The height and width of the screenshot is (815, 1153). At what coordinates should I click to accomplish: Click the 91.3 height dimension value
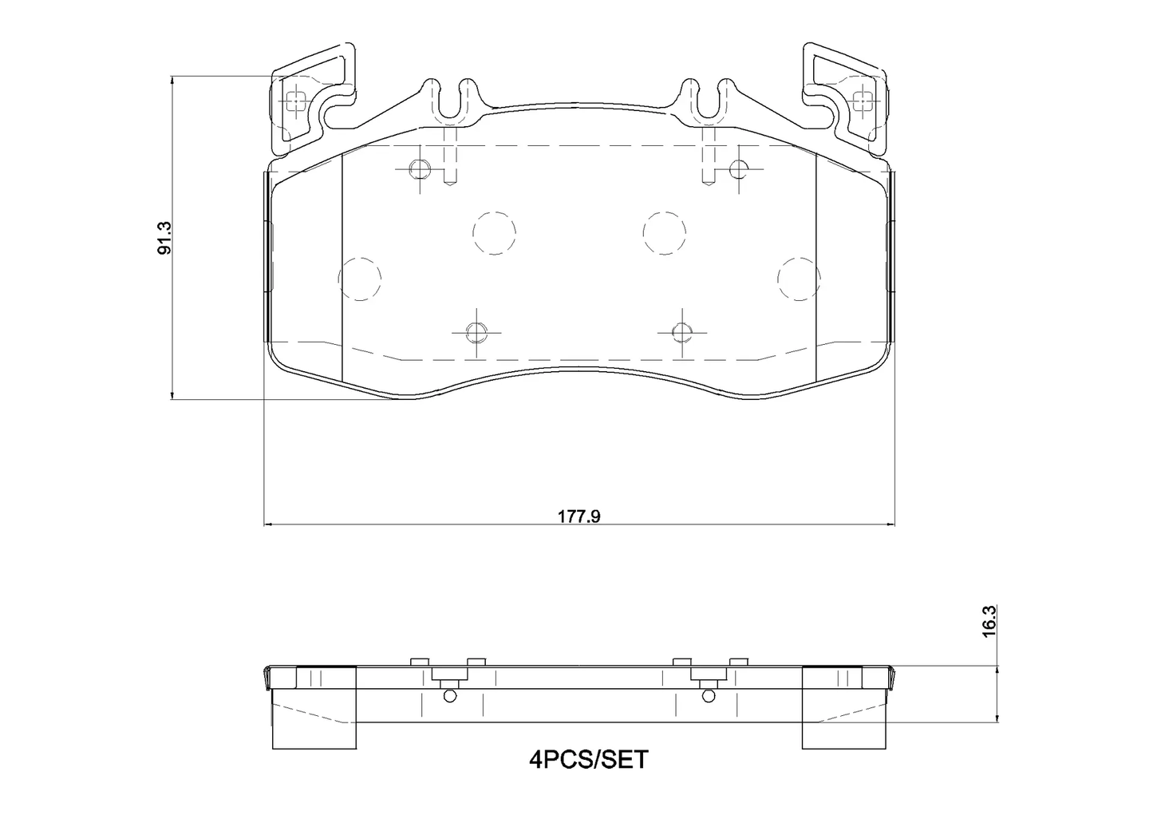(x=164, y=236)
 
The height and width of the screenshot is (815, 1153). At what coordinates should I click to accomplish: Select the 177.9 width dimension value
(x=578, y=516)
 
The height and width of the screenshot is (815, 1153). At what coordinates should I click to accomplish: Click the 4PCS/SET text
(x=589, y=760)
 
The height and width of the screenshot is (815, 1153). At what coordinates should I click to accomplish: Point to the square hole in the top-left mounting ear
(x=294, y=101)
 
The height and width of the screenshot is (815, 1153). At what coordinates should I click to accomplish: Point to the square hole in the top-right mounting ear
(x=863, y=101)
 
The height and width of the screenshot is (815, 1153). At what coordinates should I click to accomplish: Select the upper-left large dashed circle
(x=494, y=233)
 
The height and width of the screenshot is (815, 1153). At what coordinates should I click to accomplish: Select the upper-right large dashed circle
(x=665, y=233)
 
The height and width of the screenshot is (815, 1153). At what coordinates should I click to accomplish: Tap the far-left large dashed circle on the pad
(x=360, y=279)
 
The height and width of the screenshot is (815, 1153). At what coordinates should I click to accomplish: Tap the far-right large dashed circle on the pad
(x=799, y=279)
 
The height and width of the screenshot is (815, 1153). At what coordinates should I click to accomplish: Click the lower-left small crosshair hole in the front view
(x=476, y=331)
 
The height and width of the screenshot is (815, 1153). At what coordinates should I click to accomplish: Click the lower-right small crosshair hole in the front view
(x=681, y=331)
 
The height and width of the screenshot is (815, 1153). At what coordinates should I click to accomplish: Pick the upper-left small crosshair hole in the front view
(x=420, y=168)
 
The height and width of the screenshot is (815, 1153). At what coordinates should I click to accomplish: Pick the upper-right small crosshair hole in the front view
(x=739, y=168)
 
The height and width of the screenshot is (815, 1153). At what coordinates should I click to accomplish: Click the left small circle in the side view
(x=450, y=696)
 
